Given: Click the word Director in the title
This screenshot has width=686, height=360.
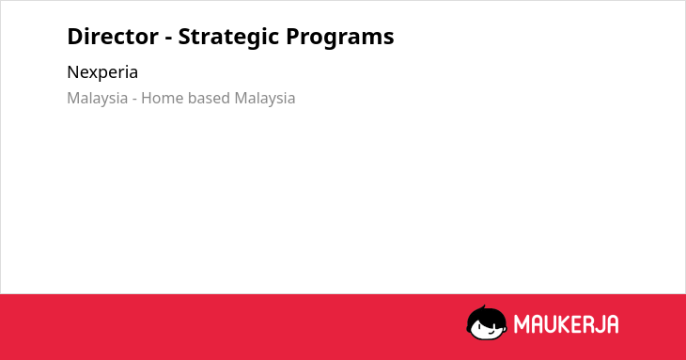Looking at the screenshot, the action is tap(113, 37).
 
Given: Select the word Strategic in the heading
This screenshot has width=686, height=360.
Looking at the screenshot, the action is tap(227, 38).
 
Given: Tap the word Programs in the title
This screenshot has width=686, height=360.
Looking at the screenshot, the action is tap(340, 38).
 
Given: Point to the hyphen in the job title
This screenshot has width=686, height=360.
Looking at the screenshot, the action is tap(168, 39).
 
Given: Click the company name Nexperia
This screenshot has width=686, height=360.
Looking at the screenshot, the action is tap(102, 72).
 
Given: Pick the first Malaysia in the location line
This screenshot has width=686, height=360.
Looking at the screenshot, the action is tap(98, 99).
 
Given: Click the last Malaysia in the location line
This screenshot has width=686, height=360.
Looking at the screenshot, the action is tap(265, 99).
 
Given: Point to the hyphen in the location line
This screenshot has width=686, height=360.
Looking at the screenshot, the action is tap(134, 100).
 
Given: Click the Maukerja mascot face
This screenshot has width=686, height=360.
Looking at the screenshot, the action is tap(487, 322).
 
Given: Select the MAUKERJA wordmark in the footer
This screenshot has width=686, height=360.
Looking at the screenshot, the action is tap(566, 324).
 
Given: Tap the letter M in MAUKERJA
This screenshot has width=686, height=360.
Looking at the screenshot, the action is tap(521, 324).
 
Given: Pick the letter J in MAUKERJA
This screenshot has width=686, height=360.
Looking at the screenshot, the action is tap(598, 324).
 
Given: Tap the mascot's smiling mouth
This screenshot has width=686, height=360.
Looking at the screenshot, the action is tap(491, 332).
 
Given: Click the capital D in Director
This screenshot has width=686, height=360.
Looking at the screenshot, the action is tap(75, 37).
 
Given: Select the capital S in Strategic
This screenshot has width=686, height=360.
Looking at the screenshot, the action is tap(184, 37).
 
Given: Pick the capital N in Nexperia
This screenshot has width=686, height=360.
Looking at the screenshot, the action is tap(72, 72).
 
